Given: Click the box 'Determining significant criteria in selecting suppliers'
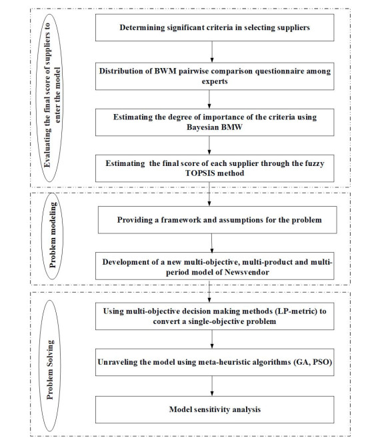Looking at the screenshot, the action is coord(215,27).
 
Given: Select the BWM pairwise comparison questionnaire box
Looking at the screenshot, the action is coord(215,76).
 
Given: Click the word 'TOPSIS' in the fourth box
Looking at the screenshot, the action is coord(199,173).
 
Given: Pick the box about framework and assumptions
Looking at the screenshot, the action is coord(217,220).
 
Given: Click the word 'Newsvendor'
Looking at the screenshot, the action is coord(247,272).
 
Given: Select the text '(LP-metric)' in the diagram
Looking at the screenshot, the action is coord(296,311).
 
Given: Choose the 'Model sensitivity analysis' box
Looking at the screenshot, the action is coord(215,409).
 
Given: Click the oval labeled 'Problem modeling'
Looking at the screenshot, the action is coord(53,236).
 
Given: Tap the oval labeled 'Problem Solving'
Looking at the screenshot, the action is coord(50,365).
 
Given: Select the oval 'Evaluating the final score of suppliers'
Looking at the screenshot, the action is coord(50,98).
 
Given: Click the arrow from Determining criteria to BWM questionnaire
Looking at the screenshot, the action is coord(212,52).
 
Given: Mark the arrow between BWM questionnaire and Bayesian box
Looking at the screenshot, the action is coord(209,99).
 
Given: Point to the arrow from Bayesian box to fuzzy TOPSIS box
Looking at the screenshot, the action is coord(209,145).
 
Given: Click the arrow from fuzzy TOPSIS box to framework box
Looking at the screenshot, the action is coord(209,194).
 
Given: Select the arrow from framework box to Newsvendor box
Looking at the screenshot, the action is coord(212,243).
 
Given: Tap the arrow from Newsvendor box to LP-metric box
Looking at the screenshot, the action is coord(209,291).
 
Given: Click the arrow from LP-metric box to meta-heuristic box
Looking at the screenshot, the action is coord(212,339).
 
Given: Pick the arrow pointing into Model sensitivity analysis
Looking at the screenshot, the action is coord(212,386).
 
